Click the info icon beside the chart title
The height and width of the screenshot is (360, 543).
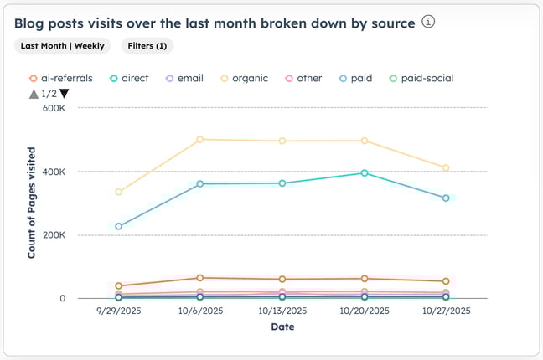[429, 23]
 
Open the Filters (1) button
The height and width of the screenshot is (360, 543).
[147, 46]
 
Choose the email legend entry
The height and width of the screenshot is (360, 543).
[188, 78]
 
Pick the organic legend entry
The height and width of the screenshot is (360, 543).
[245, 78]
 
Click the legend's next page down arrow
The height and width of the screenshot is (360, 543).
[65, 94]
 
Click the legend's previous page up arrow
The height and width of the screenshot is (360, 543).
[34, 94]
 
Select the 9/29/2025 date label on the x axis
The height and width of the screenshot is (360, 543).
[118, 311]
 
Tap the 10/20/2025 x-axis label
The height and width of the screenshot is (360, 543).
[364, 311]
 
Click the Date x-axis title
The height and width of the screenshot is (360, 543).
[282, 327]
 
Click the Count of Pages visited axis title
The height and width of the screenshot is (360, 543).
[31, 203]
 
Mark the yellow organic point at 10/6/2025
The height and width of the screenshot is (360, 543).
[200, 140]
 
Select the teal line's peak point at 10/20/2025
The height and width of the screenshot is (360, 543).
[364, 173]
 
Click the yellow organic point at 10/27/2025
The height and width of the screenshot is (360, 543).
[446, 168]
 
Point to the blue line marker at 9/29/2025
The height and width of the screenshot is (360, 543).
[118, 226]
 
